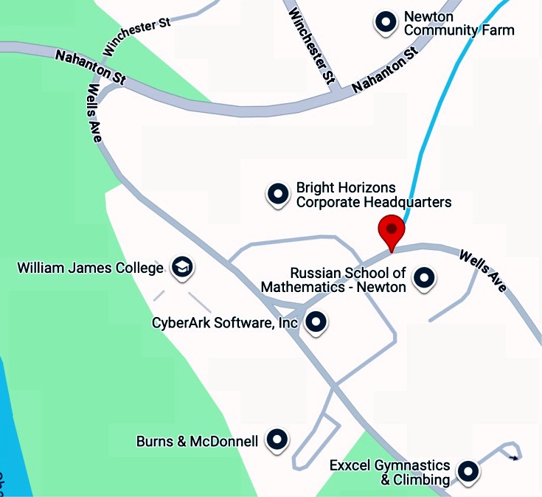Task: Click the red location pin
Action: click(x=391, y=232)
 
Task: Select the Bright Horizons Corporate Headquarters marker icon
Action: click(x=278, y=194)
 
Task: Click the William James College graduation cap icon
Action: click(x=181, y=267)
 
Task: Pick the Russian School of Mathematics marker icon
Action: click(x=424, y=278)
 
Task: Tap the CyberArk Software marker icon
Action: click(x=316, y=322)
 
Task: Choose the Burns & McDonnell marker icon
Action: click(x=277, y=439)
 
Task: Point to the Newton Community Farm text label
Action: click(x=459, y=24)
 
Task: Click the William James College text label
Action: click(x=90, y=268)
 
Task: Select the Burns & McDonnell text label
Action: click(x=197, y=442)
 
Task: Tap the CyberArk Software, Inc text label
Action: click(x=225, y=322)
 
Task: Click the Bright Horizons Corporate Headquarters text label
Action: click(x=373, y=195)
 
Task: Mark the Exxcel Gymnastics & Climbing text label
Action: click(x=389, y=473)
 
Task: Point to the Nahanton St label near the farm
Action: click(x=385, y=69)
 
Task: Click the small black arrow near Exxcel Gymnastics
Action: click(x=515, y=458)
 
